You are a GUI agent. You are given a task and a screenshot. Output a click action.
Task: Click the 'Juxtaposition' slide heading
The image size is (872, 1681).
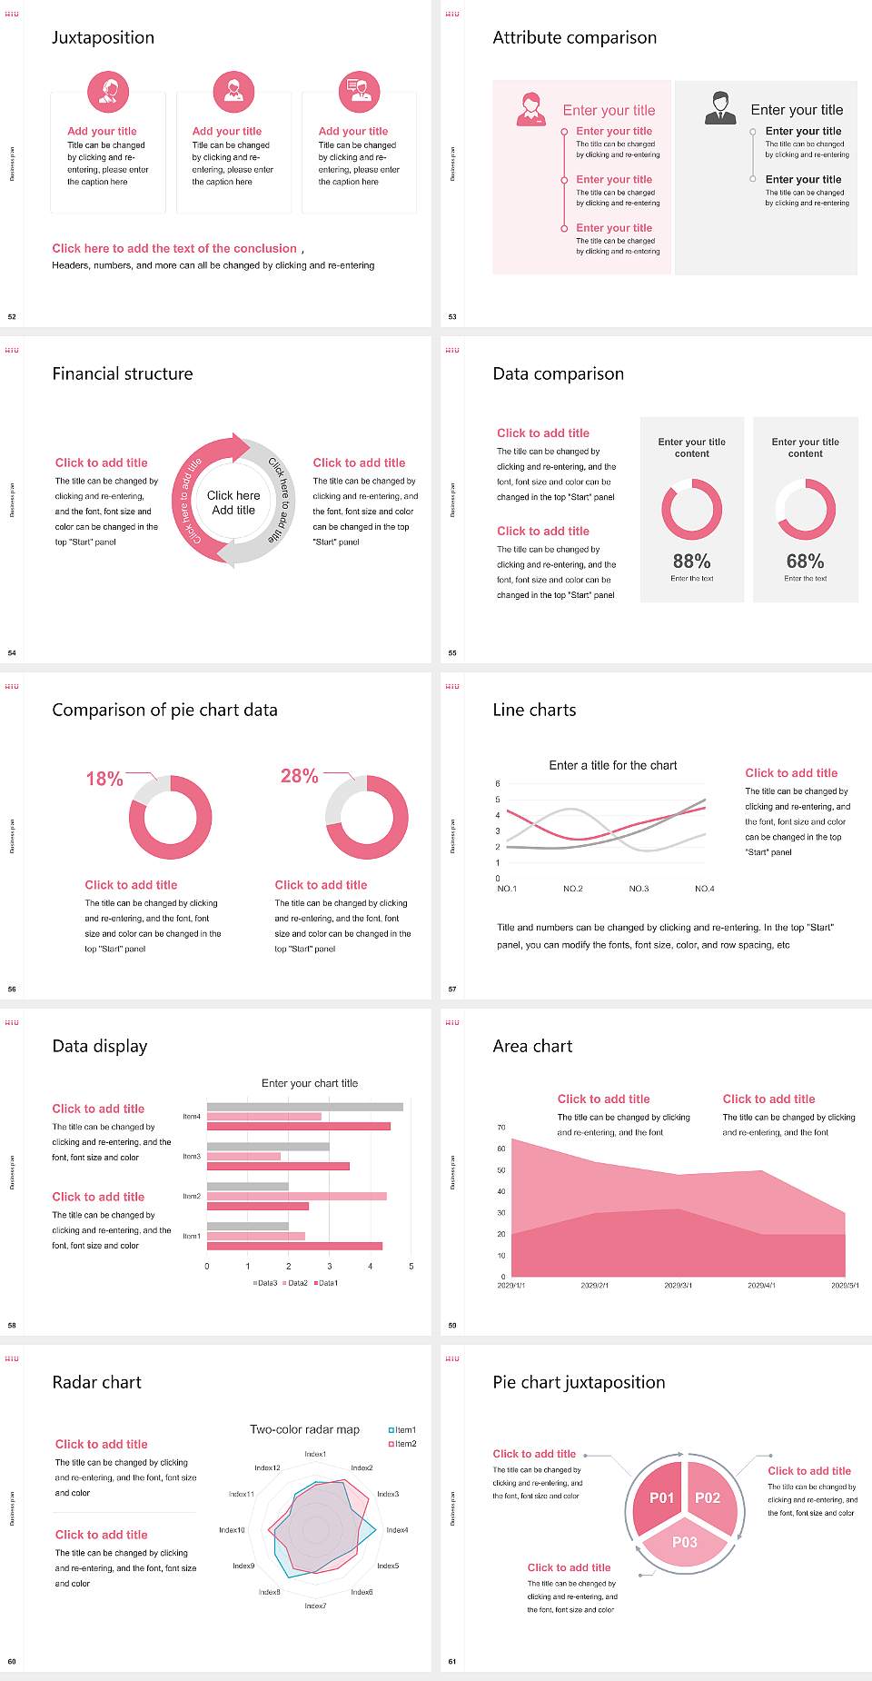(103, 37)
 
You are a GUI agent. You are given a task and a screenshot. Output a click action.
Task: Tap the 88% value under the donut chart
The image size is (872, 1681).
(691, 562)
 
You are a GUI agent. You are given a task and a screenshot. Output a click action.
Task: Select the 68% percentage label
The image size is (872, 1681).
(805, 562)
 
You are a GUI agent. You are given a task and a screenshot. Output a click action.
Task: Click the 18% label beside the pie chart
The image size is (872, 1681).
(104, 779)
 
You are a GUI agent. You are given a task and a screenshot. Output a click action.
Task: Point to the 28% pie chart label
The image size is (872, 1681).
(299, 776)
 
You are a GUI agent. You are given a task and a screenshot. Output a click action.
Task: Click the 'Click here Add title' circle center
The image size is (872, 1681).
(233, 502)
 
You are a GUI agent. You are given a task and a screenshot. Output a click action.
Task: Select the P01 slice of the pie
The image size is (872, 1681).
(661, 1497)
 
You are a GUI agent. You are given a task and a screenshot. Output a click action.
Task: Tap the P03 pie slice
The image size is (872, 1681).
(685, 1542)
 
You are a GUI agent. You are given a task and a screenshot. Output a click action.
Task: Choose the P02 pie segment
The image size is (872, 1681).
(708, 1497)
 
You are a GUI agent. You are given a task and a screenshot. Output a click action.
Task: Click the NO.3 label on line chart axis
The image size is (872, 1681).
(639, 889)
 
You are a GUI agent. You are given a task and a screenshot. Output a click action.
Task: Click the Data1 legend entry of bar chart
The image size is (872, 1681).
(326, 1283)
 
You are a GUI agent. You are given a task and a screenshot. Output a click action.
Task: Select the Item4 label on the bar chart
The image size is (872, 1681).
(192, 1117)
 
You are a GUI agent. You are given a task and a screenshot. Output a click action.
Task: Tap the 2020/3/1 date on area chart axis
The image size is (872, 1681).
(678, 1286)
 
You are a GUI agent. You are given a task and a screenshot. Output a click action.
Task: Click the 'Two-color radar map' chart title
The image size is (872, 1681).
(304, 1429)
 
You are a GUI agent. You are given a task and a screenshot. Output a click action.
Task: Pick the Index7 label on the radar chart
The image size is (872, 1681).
(315, 1606)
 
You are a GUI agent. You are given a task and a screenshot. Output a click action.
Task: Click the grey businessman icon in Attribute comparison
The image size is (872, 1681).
(720, 108)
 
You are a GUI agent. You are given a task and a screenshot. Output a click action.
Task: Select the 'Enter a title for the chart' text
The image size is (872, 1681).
(613, 765)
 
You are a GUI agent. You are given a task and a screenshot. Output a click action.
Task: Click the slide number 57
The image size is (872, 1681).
(452, 989)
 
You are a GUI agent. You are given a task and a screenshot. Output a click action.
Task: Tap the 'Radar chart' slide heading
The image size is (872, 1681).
(97, 1382)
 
